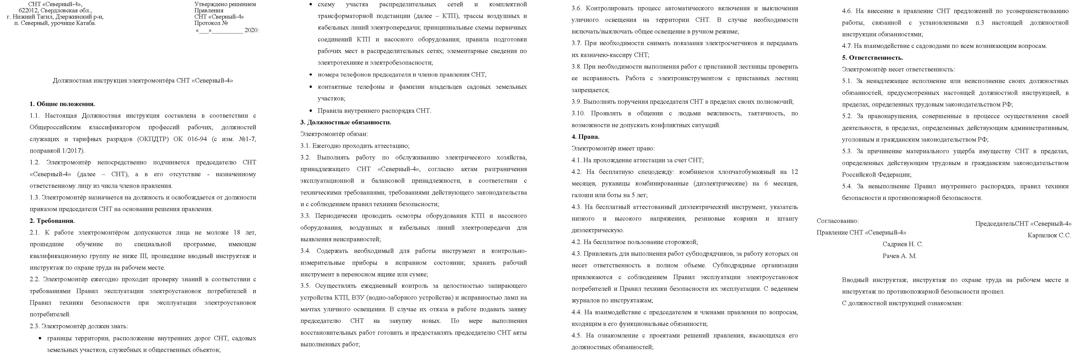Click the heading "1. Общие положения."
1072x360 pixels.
[63, 104]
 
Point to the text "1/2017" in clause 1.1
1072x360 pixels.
[73, 151]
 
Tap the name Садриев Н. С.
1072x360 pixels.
[903, 244]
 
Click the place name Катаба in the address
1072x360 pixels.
[86, 23]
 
